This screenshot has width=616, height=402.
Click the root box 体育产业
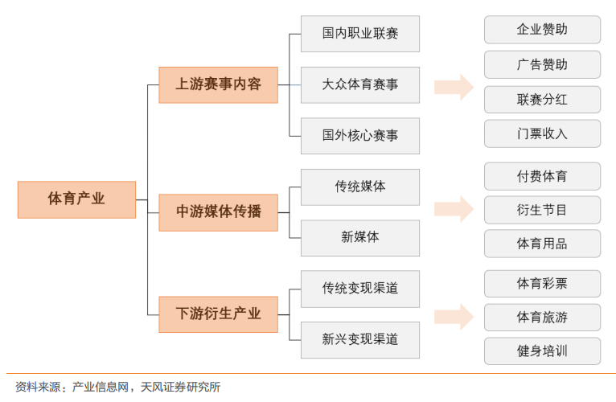coord(76,199)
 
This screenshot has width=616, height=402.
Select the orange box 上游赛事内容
coord(218,84)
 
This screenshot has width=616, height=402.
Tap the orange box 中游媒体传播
coord(218,212)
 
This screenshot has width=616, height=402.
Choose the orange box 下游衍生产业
coord(218,314)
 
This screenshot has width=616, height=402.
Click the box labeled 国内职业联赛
coord(359,34)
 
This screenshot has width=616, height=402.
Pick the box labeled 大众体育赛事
coord(359,84)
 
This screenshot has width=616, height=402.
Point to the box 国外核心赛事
coord(359,135)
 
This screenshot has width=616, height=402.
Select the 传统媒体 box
coord(359,187)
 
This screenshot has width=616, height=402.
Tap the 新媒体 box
coord(359,237)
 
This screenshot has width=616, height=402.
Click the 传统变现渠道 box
coord(359,288)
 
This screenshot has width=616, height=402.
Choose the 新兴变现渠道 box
coord(359,339)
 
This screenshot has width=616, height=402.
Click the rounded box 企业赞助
coord(542,30)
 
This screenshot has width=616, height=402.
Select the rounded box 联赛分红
coord(542,100)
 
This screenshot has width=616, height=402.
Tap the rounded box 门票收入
coord(542,133)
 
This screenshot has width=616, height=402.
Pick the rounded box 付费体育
coord(542,176)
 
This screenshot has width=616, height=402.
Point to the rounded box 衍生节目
coord(542,210)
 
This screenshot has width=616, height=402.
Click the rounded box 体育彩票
coord(542,284)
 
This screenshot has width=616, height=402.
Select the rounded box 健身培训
coord(542,351)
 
